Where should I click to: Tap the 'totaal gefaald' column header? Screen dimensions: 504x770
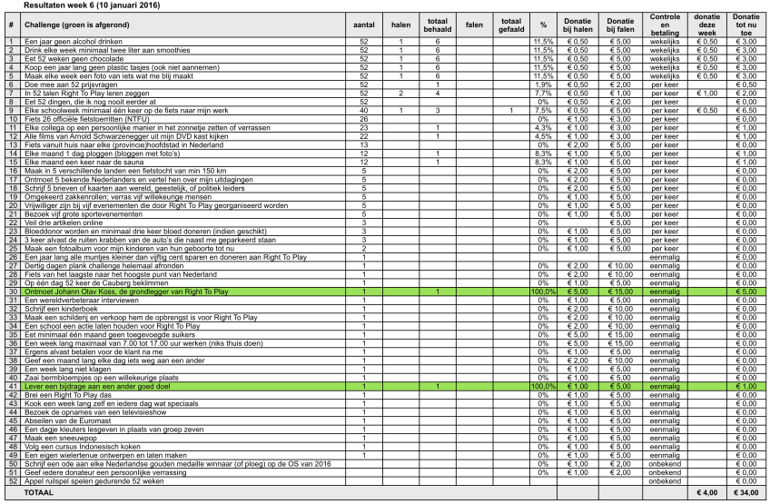tap(511, 25)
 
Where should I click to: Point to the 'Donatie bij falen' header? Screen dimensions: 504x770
tap(620, 25)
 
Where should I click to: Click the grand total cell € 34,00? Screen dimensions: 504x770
tap(746, 493)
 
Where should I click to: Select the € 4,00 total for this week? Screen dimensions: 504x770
tap(708, 493)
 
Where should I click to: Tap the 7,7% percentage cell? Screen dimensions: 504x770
tap(543, 94)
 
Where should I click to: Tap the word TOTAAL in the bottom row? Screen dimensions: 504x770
tap(39, 493)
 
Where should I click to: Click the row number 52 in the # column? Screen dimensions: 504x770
tap(10, 481)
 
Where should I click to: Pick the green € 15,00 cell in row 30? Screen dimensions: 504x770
tap(620, 292)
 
